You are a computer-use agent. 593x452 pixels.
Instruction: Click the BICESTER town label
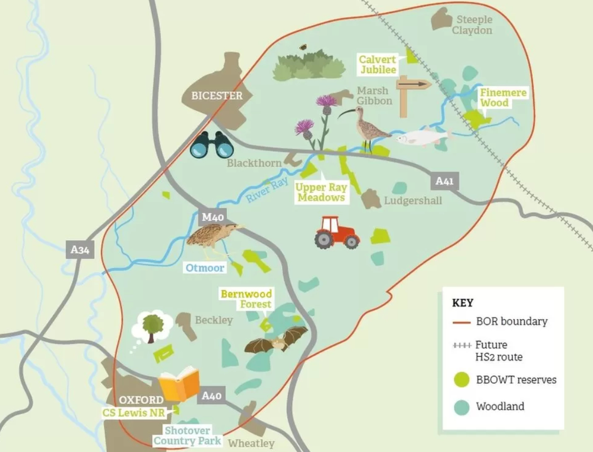[216, 96]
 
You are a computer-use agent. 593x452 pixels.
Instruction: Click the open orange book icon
[179, 384]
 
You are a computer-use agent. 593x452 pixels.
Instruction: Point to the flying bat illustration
[276, 340]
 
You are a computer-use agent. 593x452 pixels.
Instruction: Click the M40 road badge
[212, 217]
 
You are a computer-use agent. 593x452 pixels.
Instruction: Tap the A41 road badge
[444, 181]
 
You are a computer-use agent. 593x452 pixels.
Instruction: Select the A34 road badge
[80, 250]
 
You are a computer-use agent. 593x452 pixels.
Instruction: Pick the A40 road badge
[211, 396]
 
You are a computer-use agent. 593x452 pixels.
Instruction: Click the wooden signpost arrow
[413, 84]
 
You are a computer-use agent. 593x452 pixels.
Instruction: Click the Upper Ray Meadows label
[321, 193]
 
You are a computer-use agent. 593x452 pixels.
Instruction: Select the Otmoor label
[205, 268]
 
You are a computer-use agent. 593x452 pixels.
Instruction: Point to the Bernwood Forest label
[246, 299]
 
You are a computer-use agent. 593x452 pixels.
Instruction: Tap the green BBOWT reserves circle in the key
[462, 380]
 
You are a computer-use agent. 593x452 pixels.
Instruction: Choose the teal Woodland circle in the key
[462, 407]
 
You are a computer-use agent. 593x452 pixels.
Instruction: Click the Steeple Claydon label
[472, 25]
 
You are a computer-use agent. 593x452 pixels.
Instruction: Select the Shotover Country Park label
[187, 436]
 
